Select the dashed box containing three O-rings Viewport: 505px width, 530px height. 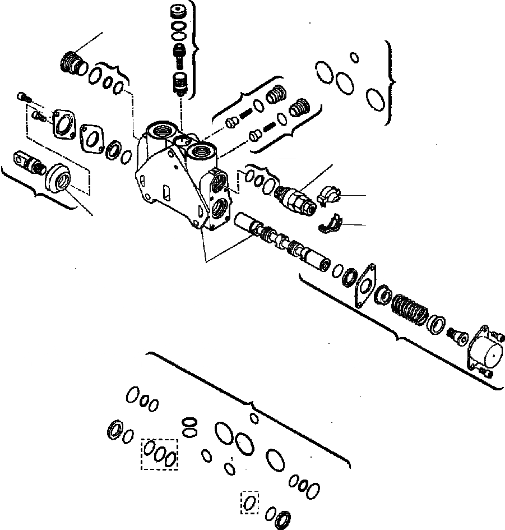[x=159, y=453]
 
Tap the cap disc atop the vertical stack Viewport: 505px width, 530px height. [x=179, y=12]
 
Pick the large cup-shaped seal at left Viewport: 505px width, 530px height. [x=58, y=178]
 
